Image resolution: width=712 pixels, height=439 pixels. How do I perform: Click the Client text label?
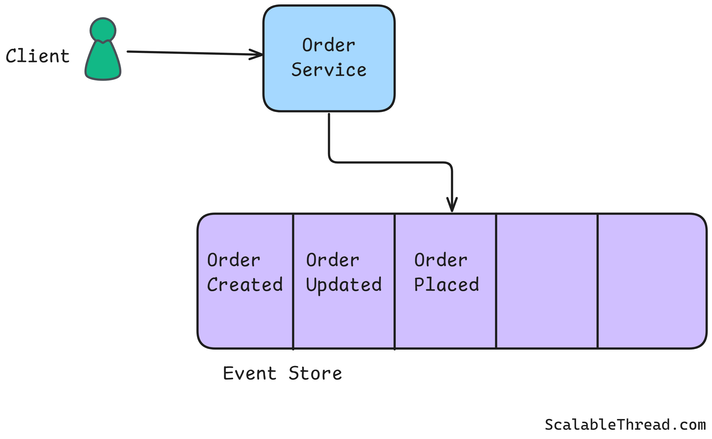(38, 56)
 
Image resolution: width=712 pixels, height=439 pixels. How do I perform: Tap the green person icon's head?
(103, 30)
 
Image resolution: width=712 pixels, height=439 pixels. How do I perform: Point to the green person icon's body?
(103, 63)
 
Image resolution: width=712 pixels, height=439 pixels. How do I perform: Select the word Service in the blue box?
(329, 70)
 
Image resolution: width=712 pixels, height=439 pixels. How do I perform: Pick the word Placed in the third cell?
(446, 285)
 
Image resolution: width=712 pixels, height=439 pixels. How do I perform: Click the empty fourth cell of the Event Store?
(547, 281)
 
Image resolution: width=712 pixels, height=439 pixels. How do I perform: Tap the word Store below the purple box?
(315, 373)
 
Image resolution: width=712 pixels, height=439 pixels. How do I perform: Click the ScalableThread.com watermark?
(625, 425)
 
